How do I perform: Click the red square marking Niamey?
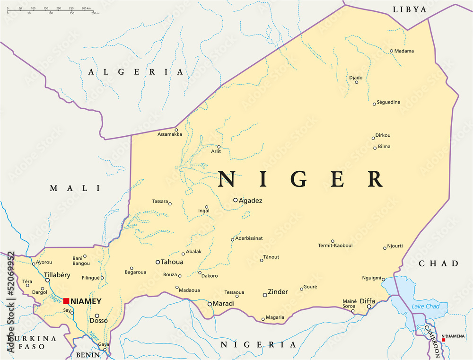[x=66, y=301]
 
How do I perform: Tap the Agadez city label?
[x=251, y=201]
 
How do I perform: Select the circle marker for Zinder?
[x=265, y=295]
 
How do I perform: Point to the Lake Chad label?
[x=425, y=307]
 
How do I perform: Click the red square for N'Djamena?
[x=443, y=340]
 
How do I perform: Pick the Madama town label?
[x=404, y=51]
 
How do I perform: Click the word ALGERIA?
[x=135, y=72]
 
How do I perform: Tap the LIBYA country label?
[x=410, y=9]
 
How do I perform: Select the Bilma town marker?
[x=375, y=148]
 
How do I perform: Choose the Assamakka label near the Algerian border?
[x=169, y=134]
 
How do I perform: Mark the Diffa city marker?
[x=369, y=307]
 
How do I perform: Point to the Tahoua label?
[x=172, y=262]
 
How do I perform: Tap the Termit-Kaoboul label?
[x=335, y=246]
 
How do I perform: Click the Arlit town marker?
[x=219, y=147]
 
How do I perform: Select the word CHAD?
[x=438, y=263]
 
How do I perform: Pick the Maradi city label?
[x=224, y=303]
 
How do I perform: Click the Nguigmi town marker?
[x=383, y=279]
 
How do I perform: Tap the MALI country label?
[x=75, y=188]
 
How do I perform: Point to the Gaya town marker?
[x=105, y=350]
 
